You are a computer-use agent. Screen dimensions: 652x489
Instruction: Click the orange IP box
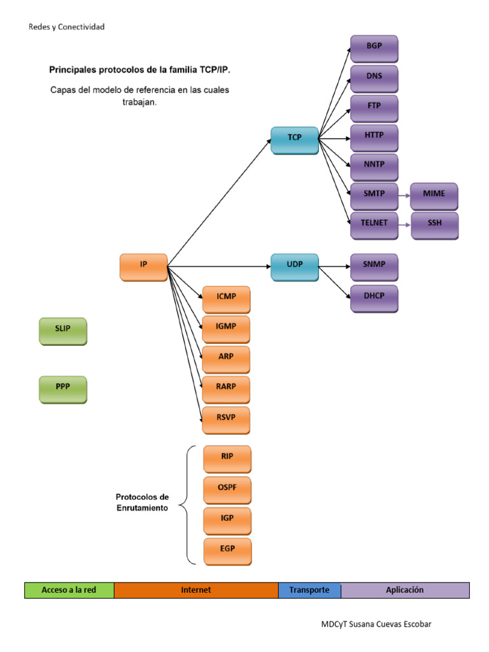click(143, 267)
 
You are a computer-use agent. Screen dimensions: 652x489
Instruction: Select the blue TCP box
click(294, 140)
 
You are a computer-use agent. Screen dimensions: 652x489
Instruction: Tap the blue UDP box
click(294, 267)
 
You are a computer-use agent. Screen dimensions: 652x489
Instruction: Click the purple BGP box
click(374, 49)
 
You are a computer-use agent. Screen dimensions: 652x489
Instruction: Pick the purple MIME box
click(434, 197)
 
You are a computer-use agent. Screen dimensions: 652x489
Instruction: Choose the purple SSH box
click(434, 226)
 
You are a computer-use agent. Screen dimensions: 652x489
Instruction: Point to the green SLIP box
click(62, 331)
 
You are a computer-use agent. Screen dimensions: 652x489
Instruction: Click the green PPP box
click(62, 389)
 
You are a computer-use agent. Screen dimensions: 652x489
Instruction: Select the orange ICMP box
click(226, 300)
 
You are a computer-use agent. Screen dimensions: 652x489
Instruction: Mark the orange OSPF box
click(227, 490)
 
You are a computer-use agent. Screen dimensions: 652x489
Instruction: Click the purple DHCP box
click(374, 299)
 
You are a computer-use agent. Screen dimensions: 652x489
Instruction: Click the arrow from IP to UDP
click(220, 266)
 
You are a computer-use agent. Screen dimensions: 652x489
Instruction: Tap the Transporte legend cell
click(309, 590)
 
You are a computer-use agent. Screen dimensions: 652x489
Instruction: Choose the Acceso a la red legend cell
click(69, 590)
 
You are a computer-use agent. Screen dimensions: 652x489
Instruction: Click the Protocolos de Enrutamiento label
click(142, 502)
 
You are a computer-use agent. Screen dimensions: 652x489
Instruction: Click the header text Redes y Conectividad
click(67, 27)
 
